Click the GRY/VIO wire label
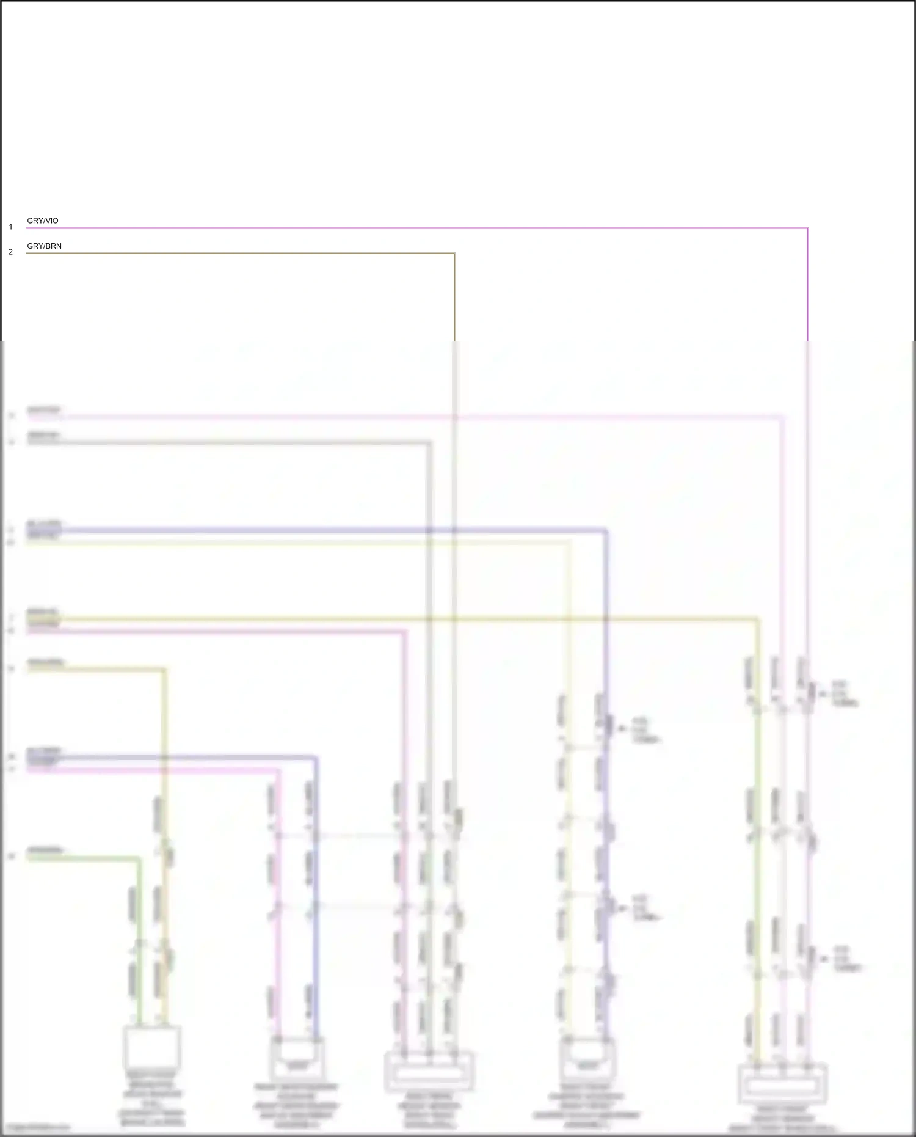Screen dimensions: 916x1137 43,221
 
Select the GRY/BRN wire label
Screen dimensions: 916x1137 44,246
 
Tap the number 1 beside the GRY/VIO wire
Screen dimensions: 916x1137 10,227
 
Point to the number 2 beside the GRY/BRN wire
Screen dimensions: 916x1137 10,252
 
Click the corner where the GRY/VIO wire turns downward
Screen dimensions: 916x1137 807,228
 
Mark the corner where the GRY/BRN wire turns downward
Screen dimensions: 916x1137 454,254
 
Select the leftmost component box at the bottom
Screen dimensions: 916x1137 151,1047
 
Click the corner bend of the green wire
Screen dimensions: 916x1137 139,859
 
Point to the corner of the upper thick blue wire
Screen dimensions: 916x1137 606,531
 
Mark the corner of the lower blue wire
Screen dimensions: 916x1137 316,758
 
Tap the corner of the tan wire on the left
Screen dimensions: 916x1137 164,670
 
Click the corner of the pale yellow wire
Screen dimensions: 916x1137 569,542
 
